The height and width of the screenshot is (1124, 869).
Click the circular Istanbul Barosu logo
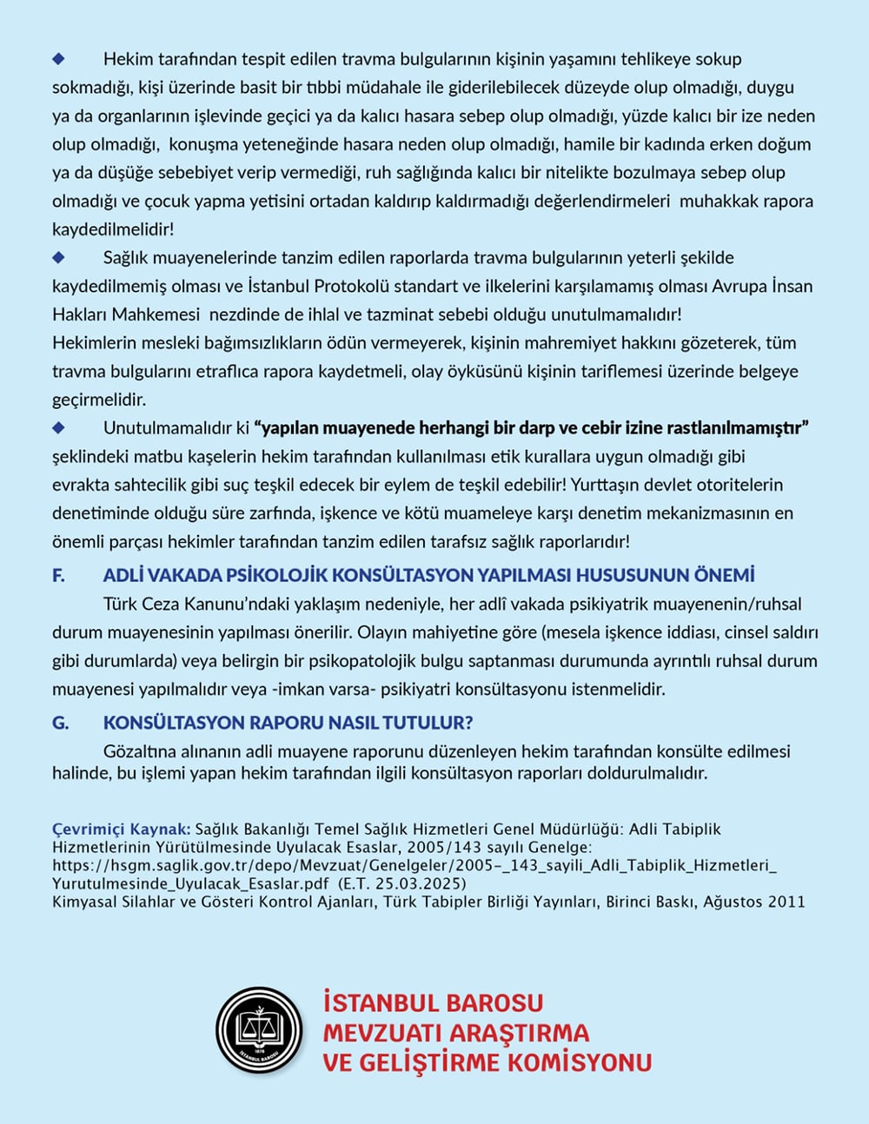point(258,1030)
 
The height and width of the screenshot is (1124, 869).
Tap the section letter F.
point(59,575)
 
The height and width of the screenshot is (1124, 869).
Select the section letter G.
point(60,723)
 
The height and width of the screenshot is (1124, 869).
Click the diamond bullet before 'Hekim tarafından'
point(59,58)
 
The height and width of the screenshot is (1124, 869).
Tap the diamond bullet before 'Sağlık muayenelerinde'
point(59,257)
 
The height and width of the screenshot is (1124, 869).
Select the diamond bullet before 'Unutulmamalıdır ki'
point(59,427)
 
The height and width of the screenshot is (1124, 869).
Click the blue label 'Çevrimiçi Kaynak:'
point(121,829)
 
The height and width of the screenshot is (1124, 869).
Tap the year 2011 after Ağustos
point(786,902)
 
